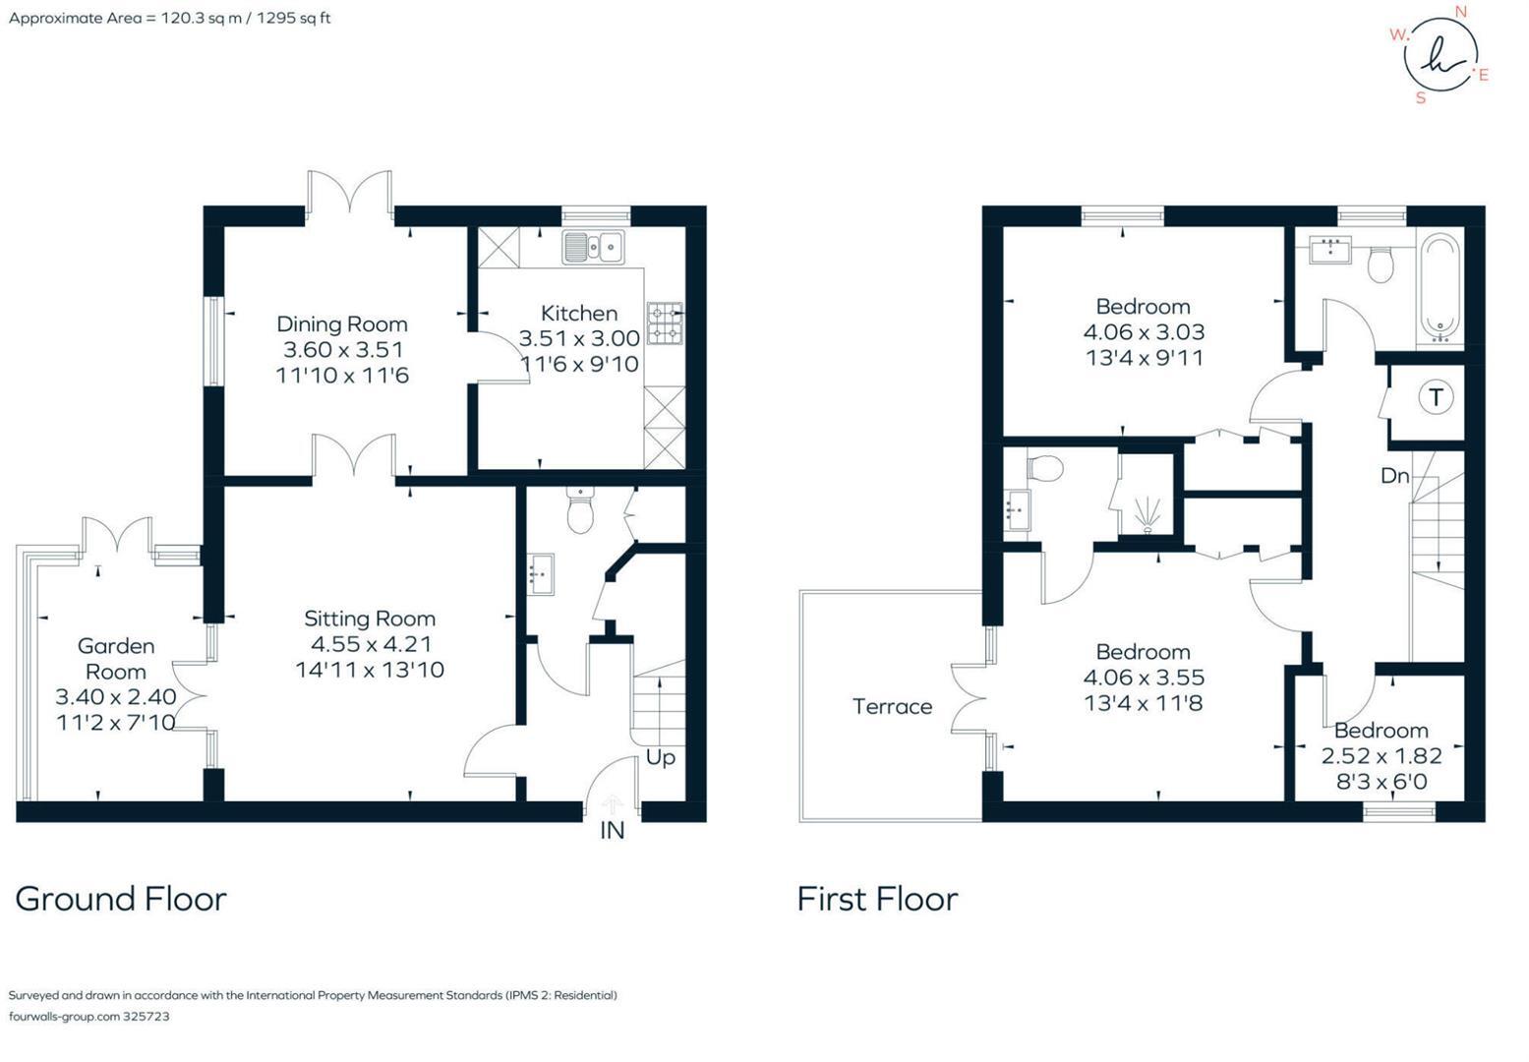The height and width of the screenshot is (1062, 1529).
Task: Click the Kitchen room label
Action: click(x=578, y=314)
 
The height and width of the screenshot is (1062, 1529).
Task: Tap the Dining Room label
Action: click(x=341, y=324)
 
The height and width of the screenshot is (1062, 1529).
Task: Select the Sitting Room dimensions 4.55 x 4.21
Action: click(x=370, y=644)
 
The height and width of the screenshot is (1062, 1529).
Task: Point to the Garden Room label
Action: click(x=116, y=659)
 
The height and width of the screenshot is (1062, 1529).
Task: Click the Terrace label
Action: click(x=892, y=706)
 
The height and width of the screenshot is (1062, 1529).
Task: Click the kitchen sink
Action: click(x=593, y=247)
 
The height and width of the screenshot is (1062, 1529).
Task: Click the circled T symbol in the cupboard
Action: click(x=1436, y=397)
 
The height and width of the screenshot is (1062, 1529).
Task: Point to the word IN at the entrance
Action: click(x=612, y=831)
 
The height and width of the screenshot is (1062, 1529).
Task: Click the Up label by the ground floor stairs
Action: click(x=660, y=758)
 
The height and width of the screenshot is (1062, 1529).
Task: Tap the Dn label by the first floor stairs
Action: click(x=1394, y=476)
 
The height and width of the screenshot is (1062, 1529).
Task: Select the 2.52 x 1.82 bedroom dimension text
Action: click(x=1381, y=756)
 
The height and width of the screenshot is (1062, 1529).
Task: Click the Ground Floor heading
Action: click(x=121, y=899)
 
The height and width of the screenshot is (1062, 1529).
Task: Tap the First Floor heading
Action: click(x=877, y=899)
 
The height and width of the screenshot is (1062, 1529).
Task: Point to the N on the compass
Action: click(x=1461, y=12)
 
